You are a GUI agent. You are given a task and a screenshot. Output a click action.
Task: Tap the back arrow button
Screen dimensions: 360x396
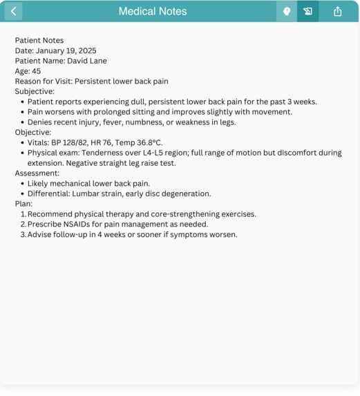coord(13,11)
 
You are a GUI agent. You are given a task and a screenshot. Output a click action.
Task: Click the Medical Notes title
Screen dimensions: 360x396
coord(153,11)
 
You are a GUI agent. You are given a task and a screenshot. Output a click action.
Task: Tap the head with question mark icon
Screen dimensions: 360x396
coord(286,11)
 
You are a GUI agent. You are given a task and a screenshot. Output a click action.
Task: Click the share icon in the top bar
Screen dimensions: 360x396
coord(338,11)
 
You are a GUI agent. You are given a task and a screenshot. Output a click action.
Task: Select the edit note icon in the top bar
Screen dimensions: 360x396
coord(308,11)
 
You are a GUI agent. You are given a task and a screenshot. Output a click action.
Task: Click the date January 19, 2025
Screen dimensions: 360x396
coord(66,50)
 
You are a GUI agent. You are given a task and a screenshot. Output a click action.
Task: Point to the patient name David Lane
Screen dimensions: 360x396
coord(87,61)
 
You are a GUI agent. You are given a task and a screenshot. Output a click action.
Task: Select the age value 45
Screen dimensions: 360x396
coord(36,71)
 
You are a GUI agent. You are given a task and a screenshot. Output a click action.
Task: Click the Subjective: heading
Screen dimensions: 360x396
coord(35,91)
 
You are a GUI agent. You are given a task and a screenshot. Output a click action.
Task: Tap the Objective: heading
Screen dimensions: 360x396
coord(33,132)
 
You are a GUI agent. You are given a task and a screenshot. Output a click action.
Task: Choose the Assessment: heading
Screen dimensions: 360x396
coord(37,173)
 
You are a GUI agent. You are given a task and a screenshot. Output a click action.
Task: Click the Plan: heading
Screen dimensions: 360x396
coord(24,204)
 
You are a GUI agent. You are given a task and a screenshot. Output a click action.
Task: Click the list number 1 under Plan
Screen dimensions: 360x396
coord(23,214)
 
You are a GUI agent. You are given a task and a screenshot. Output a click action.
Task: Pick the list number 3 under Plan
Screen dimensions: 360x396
coord(23,234)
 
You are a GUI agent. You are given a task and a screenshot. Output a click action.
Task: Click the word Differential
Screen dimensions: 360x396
coord(50,194)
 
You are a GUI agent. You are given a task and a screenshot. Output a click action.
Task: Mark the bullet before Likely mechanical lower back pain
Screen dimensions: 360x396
coord(22,184)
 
